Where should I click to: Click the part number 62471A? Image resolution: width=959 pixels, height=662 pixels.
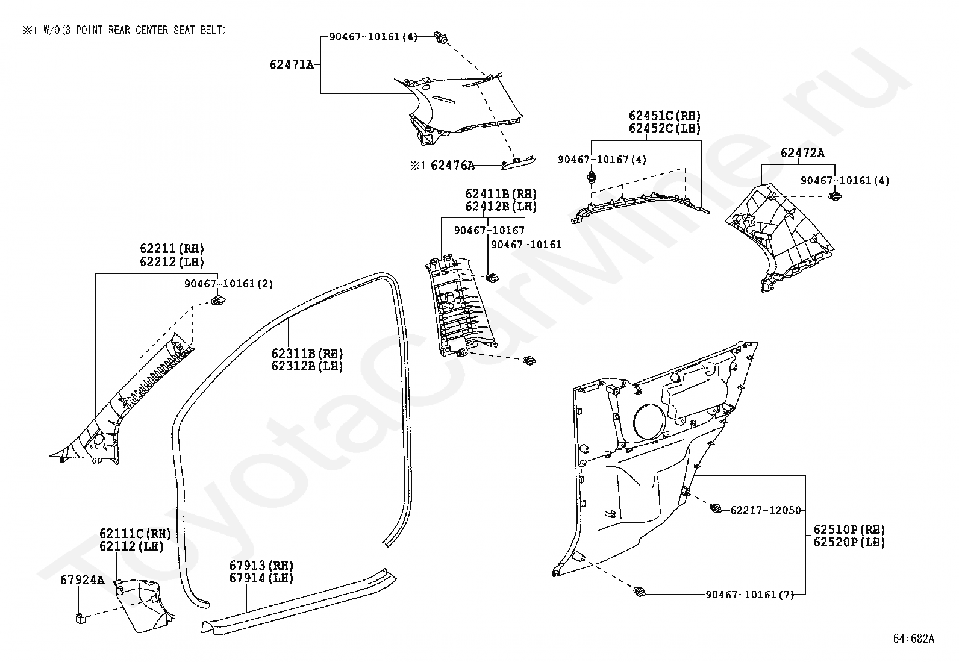point(292,64)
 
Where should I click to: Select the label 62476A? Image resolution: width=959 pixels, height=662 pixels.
point(452,165)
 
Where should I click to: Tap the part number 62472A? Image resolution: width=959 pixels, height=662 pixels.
point(802,153)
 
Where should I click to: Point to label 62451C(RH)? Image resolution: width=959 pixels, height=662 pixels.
point(664,116)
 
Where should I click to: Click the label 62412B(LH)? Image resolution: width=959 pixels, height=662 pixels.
point(501,207)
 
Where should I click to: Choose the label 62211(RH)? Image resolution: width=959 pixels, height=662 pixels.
point(172,249)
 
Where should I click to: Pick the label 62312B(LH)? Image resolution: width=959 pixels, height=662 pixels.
point(307,366)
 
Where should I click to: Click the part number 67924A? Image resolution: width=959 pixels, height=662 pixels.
point(83,580)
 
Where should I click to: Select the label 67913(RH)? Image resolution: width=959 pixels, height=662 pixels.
point(261,566)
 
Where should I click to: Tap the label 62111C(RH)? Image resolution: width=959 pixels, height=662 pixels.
point(135,534)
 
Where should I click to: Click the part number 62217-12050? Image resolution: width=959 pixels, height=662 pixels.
point(766,510)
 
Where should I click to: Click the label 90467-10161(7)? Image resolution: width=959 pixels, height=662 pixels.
point(749,595)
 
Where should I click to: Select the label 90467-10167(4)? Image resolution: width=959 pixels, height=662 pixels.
point(602,160)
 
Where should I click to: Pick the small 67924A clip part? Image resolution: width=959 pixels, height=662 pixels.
point(80,616)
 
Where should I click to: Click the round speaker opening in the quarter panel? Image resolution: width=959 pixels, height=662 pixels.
point(649,421)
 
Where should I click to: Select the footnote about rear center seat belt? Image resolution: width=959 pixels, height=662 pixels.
point(125,30)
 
